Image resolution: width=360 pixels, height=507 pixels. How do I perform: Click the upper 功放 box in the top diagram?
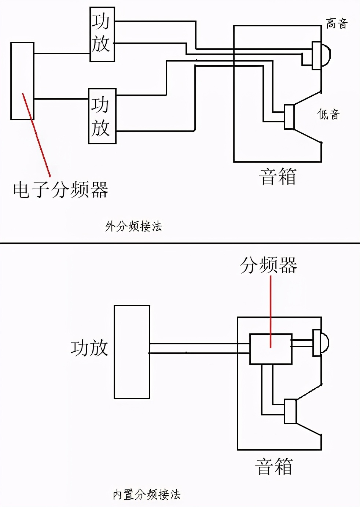(x=102, y=34)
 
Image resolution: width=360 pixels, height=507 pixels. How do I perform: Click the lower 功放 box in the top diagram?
(x=102, y=116)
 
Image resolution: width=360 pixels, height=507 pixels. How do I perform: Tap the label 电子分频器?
(x=60, y=189)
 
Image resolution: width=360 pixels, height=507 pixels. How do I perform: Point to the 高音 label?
(x=337, y=24)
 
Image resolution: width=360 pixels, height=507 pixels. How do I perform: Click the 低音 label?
(x=328, y=114)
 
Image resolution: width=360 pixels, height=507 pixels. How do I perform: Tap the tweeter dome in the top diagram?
(x=325, y=55)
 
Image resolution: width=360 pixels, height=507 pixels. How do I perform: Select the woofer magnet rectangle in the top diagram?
(x=289, y=117)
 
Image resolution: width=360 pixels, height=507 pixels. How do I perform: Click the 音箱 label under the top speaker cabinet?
(x=278, y=176)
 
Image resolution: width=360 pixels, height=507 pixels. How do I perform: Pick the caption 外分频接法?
(x=134, y=226)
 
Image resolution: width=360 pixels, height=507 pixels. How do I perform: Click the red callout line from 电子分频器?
(x=37, y=136)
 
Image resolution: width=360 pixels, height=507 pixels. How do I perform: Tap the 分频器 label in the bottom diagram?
(x=268, y=265)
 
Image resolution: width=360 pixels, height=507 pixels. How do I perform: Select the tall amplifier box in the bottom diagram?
(x=132, y=352)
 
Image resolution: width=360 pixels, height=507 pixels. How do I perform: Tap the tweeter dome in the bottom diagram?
(x=324, y=343)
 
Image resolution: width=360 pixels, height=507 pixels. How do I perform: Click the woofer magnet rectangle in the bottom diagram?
(x=290, y=412)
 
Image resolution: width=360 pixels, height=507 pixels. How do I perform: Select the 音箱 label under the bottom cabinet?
(x=274, y=467)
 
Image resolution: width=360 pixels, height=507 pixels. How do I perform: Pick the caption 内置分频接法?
(x=146, y=495)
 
